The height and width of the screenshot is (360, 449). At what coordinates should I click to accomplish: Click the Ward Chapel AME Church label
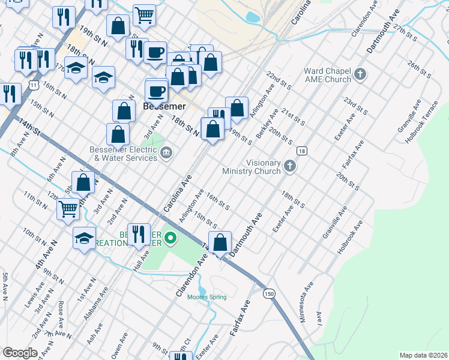click(x=327, y=75)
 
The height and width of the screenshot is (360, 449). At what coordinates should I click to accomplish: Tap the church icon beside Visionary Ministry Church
click(x=290, y=166)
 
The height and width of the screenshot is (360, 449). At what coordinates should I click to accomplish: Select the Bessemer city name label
click(x=165, y=106)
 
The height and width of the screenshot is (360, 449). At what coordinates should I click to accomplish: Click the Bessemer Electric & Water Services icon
click(x=166, y=155)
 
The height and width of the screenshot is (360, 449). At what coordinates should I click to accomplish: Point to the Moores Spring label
click(x=207, y=297)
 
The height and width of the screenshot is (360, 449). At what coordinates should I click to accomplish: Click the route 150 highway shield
click(x=270, y=293)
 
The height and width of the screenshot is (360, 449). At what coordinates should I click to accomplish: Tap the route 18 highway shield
click(x=301, y=151)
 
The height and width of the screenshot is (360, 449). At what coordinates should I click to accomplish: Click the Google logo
click(x=20, y=353)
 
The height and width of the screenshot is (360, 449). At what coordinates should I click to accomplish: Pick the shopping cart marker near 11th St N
click(x=68, y=209)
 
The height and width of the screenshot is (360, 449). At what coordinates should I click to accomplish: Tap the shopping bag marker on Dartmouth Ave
click(x=220, y=243)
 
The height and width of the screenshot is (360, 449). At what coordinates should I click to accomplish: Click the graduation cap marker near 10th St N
click(x=85, y=238)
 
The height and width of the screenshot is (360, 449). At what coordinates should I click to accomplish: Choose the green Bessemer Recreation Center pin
click(x=170, y=238)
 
